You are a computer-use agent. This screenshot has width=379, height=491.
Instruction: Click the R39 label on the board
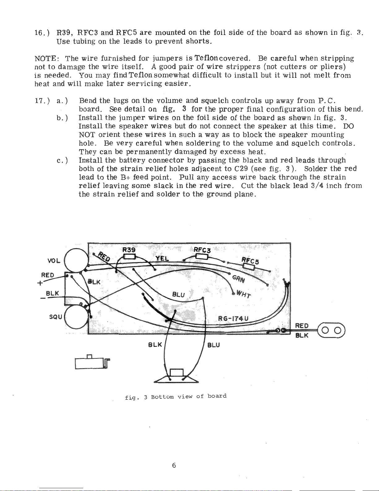click(x=128, y=250)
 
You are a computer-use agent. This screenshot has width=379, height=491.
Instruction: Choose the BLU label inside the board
click(x=179, y=295)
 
